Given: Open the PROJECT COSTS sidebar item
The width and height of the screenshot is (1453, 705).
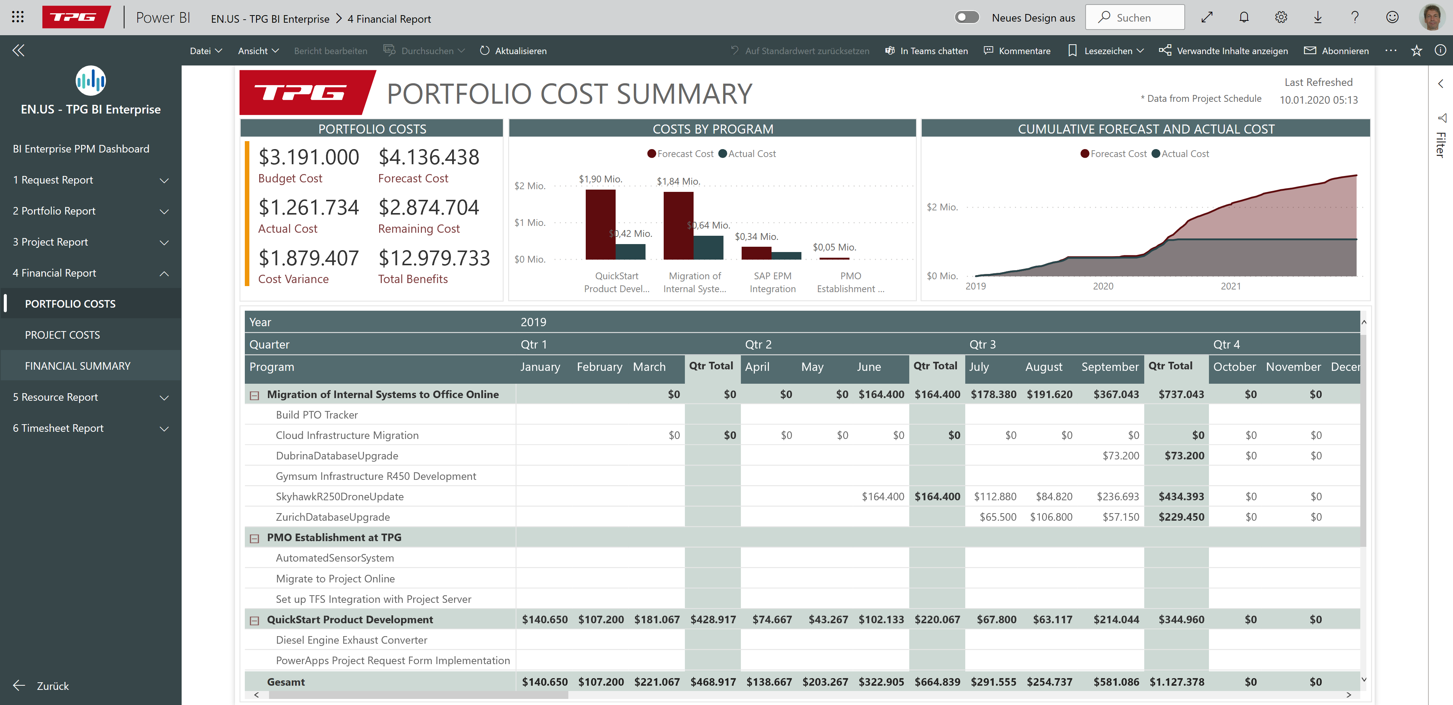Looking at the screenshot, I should click(x=62, y=335).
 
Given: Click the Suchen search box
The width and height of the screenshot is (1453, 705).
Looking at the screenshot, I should click(x=1134, y=17).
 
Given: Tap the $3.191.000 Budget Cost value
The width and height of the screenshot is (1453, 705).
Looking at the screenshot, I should click(x=308, y=157).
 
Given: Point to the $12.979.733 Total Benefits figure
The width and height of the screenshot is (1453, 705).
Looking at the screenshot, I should click(x=434, y=258).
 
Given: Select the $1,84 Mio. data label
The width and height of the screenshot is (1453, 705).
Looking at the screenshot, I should click(x=678, y=182).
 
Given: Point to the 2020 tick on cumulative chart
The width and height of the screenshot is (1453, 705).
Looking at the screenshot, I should click(x=1103, y=286).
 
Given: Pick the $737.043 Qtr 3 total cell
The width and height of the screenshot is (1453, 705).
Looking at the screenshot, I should click(x=1181, y=395).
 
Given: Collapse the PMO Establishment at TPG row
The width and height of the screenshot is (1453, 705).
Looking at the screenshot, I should click(x=254, y=538).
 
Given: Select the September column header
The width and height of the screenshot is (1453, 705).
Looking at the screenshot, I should click(x=1109, y=367).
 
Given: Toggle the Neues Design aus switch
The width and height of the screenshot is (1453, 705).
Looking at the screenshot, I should click(x=967, y=17).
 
